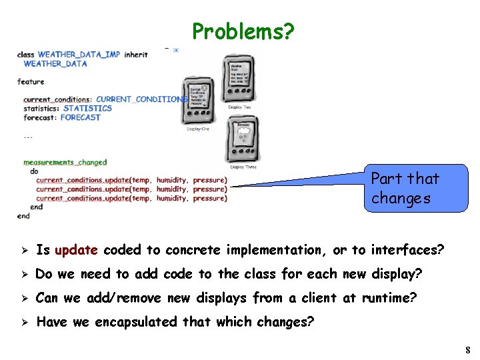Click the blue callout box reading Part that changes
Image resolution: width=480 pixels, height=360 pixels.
tap(415, 189)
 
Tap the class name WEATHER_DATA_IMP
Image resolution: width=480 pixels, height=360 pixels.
tap(79, 55)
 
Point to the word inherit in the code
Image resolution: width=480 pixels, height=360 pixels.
tap(136, 55)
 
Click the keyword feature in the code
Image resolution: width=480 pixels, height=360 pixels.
tap(31, 82)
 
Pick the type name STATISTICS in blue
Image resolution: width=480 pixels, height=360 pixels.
tap(87, 108)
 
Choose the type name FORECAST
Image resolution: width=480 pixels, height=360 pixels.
tap(80, 117)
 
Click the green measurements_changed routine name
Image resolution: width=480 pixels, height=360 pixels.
tap(65, 162)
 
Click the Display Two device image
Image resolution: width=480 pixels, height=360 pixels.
tap(238, 79)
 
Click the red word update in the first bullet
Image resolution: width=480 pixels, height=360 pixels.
tap(76, 250)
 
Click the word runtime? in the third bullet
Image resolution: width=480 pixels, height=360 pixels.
tap(389, 298)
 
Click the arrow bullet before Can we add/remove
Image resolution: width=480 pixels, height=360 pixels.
tap(22, 299)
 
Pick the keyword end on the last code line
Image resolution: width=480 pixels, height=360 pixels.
tap(23, 216)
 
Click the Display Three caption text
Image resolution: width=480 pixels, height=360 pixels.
tap(243, 167)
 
